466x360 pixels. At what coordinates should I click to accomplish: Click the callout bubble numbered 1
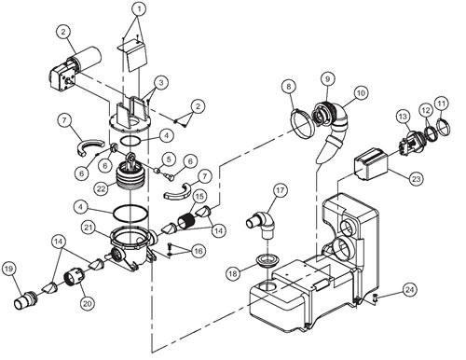point(139,9)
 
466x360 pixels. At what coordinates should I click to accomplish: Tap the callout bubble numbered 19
point(9,270)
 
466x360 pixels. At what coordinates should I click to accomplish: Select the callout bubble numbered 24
point(409,290)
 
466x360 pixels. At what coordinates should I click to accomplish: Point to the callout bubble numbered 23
point(416,179)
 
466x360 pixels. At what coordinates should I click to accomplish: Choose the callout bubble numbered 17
point(281,190)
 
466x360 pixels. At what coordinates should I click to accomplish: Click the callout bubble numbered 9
point(327,79)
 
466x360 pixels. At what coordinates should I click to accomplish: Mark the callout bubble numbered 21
point(89,228)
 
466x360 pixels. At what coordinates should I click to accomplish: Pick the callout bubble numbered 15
point(199,197)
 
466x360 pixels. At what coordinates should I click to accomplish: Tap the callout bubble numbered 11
point(442,103)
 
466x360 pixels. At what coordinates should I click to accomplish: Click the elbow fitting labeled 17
point(263,225)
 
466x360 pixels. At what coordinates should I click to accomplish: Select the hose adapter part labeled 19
point(27,298)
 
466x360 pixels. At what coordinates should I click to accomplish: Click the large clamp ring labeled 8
point(301,123)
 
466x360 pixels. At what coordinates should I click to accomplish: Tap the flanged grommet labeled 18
point(267,260)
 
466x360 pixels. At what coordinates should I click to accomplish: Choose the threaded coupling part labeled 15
point(186,221)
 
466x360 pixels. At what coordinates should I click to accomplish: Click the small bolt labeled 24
point(376,298)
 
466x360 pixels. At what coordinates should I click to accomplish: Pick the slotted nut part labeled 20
point(74,277)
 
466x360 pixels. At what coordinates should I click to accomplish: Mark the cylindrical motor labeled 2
point(75,65)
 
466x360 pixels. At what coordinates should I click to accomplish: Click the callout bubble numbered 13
point(403,117)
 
